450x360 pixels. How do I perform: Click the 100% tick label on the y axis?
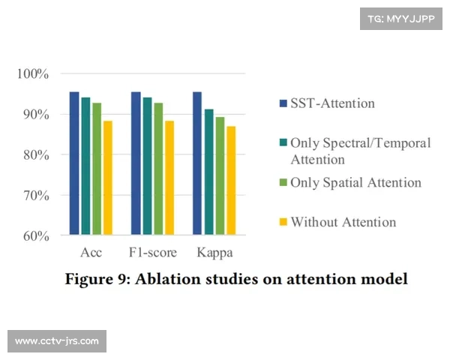33,74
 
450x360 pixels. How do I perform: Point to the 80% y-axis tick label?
34,155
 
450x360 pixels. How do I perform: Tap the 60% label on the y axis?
34,235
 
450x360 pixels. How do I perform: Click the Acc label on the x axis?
91,252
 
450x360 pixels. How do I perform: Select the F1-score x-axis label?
152,252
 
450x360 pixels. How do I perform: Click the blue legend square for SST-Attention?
283,103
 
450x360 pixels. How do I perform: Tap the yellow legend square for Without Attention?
283,222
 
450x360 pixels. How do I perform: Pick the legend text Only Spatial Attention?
355,182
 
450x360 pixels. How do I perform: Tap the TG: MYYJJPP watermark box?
401,19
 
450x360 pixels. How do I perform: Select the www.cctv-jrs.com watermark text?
57,341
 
